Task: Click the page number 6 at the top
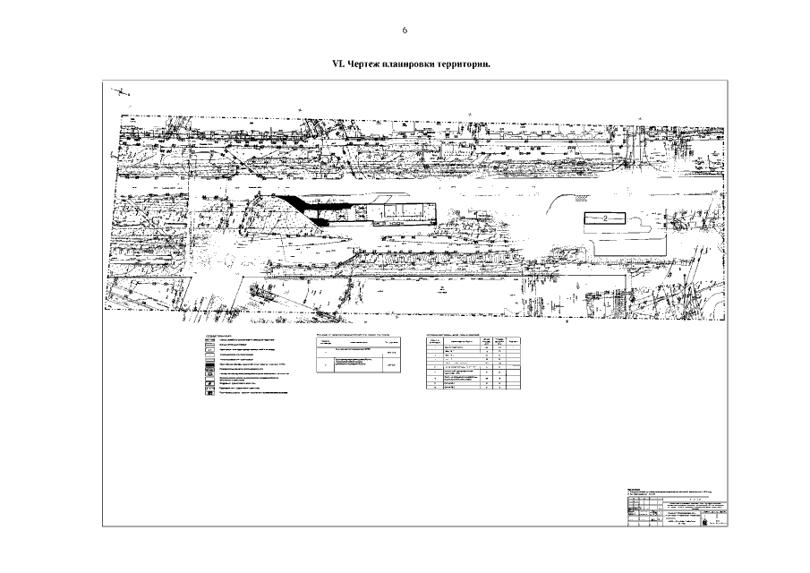[x=405, y=30]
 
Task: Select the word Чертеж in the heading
[x=366, y=65]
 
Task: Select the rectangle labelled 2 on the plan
[x=604, y=218]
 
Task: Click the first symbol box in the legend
[x=208, y=344]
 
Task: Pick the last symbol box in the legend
[x=208, y=395]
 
